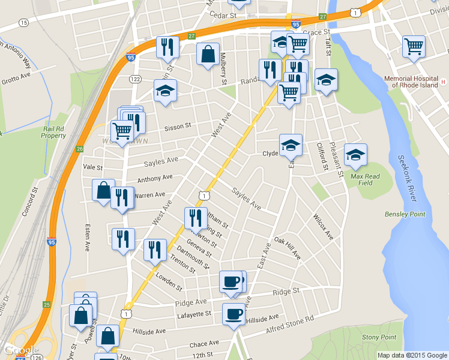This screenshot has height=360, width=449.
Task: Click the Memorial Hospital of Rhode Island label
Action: [x=414, y=82]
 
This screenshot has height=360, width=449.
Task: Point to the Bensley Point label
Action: [x=405, y=214]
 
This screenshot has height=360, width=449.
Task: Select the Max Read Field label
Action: [x=365, y=179]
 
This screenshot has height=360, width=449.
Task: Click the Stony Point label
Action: [x=379, y=338]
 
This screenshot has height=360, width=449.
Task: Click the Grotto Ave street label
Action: [x=16, y=79]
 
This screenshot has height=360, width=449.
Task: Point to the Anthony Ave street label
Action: [x=155, y=179]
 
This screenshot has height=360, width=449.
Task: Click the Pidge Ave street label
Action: [x=191, y=302]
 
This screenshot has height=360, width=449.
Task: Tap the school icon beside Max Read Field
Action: [x=355, y=155]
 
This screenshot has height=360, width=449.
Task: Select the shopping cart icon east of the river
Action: [x=414, y=45]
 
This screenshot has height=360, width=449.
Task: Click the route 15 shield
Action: [x=23, y=23]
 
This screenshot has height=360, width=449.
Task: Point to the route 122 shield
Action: [x=134, y=79]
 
